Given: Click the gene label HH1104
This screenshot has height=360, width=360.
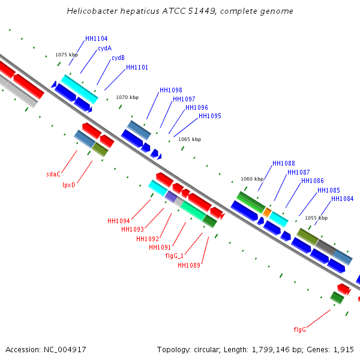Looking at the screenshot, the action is [x=96, y=38].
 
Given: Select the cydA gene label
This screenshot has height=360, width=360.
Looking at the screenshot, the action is [x=104, y=48].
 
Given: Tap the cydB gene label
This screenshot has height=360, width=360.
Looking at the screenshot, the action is [x=118, y=58].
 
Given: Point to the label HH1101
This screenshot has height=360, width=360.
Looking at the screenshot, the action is [x=137, y=67].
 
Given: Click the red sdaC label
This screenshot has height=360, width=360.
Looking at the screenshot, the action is [x=53, y=174].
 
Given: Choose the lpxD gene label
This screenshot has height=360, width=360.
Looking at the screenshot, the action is [x=69, y=185].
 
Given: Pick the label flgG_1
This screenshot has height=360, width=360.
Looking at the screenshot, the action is [x=175, y=256].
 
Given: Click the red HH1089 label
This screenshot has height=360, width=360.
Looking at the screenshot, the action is [x=189, y=265].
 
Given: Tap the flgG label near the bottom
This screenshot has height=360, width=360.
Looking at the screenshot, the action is [x=300, y=329].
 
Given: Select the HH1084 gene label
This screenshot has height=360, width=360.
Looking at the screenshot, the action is [x=343, y=199].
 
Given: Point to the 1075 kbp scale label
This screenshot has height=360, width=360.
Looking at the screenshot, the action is [x=67, y=55].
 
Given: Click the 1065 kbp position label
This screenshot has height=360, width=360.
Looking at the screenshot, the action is [x=190, y=139].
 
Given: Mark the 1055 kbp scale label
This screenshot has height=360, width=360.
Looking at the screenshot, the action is [x=316, y=218].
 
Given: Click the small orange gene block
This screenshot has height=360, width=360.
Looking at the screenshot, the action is [x=267, y=212].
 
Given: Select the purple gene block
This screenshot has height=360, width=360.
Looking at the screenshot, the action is [x=171, y=196].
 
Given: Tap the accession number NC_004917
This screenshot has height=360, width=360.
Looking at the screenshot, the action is [x=65, y=350].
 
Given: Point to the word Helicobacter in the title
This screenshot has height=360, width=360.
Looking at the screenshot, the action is [x=92, y=11].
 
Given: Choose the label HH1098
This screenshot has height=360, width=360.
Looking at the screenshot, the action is [x=171, y=90].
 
